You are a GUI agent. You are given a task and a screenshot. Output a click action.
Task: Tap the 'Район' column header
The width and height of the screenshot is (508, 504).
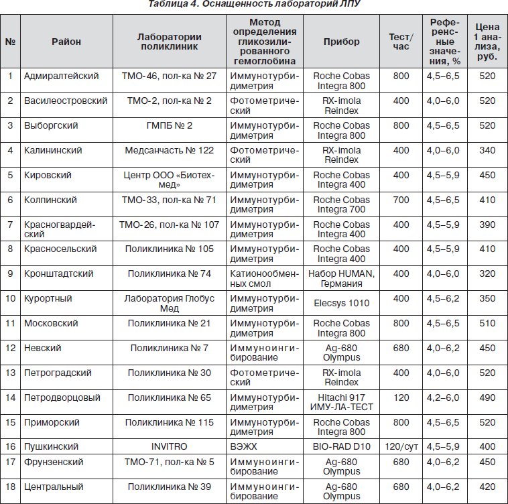click(66, 42)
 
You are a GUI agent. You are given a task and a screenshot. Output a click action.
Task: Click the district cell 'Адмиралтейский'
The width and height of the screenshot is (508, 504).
click(61, 76)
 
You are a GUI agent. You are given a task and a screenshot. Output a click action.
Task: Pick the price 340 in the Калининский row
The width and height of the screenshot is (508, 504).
click(487, 150)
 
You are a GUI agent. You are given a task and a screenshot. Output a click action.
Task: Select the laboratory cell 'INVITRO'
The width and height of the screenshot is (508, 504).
click(170, 446)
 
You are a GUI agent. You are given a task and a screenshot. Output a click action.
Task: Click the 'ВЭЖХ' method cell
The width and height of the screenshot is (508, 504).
click(243, 446)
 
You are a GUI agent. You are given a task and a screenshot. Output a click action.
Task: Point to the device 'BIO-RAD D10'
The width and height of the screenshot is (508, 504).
click(341, 446)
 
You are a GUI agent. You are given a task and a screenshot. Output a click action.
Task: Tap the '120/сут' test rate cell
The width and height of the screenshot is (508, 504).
click(401, 446)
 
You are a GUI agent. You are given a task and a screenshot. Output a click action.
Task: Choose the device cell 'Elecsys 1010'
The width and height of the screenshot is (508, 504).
click(341, 303)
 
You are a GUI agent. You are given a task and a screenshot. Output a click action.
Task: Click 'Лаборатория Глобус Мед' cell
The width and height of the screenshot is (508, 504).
click(170, 303)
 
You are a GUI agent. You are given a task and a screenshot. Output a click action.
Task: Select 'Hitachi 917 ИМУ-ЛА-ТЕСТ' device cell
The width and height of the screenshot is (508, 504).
click(341, 402)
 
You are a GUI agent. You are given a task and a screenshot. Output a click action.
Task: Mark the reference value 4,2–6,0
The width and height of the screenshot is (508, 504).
click(443, 397)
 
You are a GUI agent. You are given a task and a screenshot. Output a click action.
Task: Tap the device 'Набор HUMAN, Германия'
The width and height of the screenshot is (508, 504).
click(341, 278)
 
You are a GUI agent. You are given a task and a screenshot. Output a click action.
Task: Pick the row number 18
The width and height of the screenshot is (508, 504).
click(10, 487)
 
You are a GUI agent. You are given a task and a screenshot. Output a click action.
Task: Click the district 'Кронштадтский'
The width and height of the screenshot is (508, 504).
click(58, 273)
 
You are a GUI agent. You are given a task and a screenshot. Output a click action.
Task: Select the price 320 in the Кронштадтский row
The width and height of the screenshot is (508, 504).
click(487, 273)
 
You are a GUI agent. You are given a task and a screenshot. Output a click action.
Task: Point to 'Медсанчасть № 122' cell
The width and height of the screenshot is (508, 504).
click(170, 150)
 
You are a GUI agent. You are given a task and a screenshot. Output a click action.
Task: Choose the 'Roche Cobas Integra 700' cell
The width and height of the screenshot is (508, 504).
click(341, 204)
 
